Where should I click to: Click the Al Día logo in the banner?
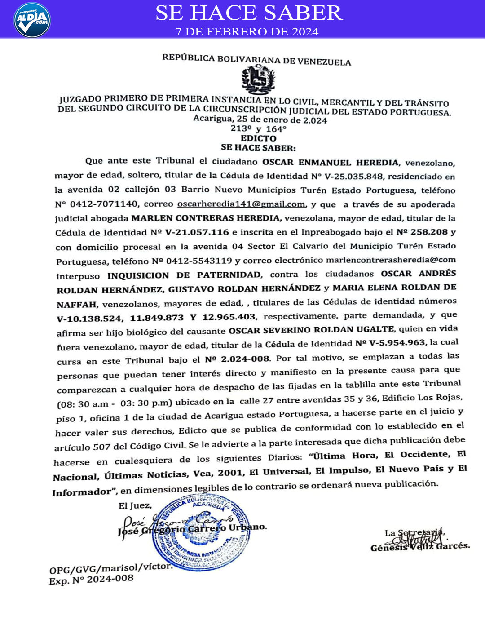tap(32, 20)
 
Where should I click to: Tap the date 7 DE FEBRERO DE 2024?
tap(247, 31)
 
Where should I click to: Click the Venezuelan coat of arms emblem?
tap(258, 80)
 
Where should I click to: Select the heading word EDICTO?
tap(258, 138)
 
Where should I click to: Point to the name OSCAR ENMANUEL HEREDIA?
tap(331, 163)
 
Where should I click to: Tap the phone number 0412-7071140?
tap(104, 204)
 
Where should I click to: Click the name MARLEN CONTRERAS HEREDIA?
tap(206, 218)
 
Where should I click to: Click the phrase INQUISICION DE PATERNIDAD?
tap(184, 275)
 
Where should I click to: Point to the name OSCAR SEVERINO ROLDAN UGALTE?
tap(312, 330)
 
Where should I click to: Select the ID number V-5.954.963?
tap(397, 343)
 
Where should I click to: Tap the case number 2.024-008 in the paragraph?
tap(245, 359)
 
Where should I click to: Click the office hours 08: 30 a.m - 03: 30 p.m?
tap(115, 403)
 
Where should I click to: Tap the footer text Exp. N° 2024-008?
tap(91, 580)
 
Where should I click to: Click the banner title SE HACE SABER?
tap(249, 13)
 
